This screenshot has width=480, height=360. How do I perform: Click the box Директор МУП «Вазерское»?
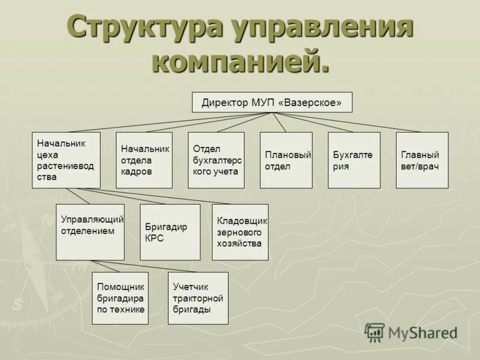click(x=272, y=103)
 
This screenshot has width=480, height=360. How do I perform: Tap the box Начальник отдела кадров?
click(x=144, y=160)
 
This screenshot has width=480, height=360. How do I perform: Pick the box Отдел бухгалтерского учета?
click(x=216, y=160)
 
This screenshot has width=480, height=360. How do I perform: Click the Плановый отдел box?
click(x=286, y=160)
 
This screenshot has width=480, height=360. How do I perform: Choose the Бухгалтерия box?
click(x=354, y=160)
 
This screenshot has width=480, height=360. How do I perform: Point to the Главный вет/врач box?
click(x=422, y=160)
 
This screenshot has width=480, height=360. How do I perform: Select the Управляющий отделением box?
click(x=90, y=232)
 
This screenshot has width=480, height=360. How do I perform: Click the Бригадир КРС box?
click(x=170, y=232)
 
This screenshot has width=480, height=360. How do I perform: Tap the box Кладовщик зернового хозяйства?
click(x=240, y=232)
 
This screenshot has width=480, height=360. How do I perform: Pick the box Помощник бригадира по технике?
click(x=120, y=298)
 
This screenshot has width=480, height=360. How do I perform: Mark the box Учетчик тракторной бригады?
click(x=198, y=298)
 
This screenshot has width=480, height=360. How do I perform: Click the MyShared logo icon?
click(x=374, y=332)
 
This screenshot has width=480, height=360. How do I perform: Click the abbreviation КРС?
click(x=154, y=238)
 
